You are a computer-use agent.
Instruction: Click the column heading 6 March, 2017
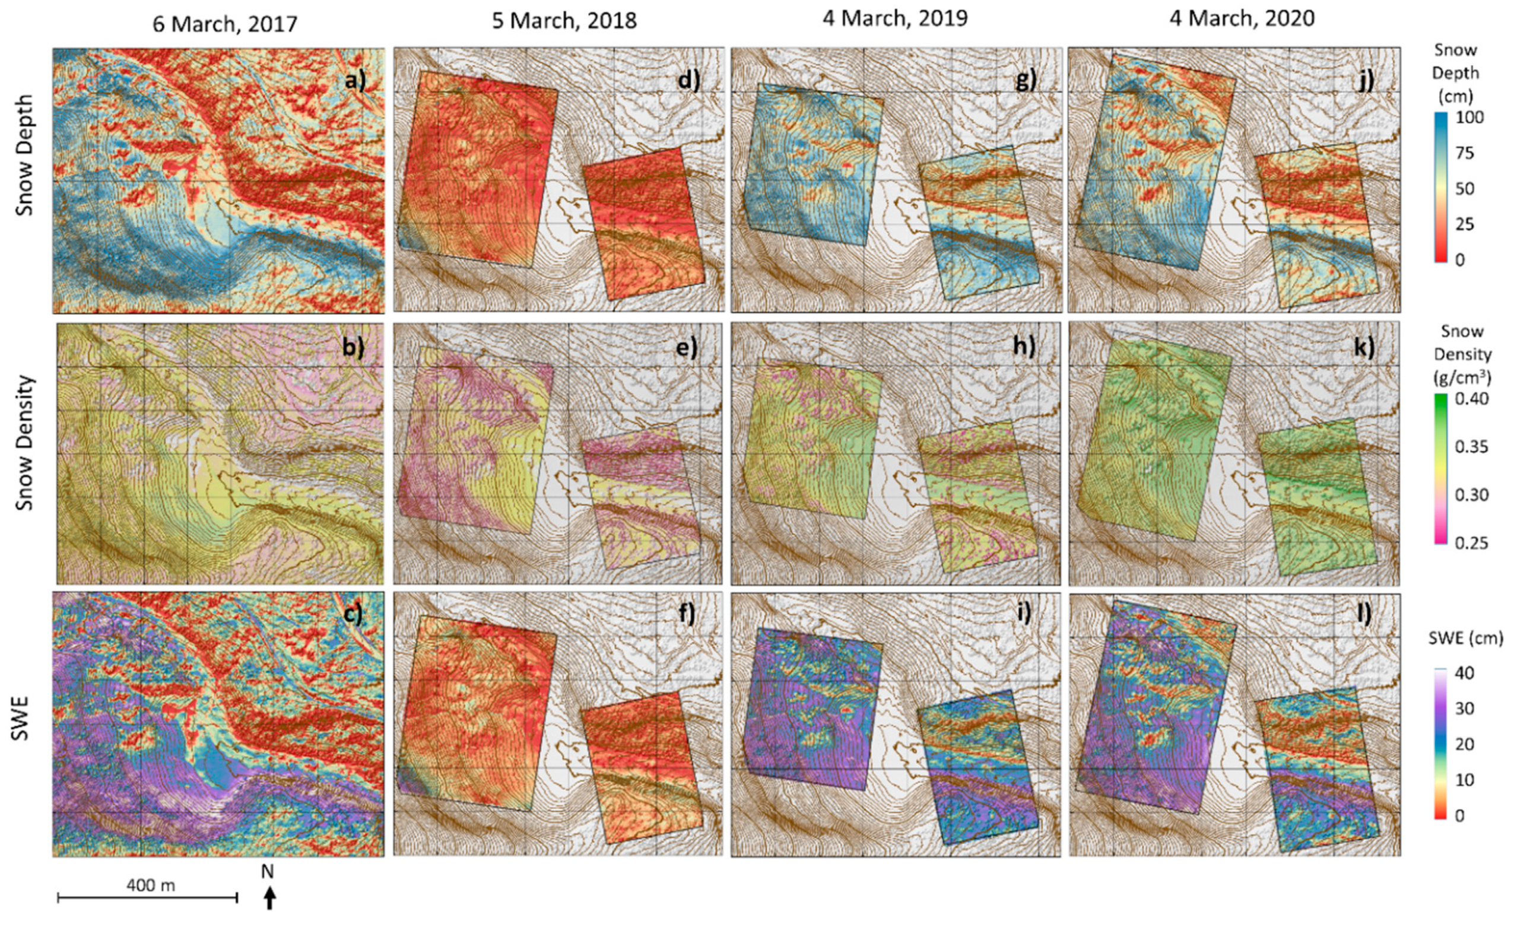click(224, 23)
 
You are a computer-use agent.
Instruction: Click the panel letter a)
click(354, 80)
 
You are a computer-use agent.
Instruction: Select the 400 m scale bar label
click(151, 885)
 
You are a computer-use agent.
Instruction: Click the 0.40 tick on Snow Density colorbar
click(1472, 399)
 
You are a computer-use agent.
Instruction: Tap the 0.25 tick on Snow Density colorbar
click(1472, 542)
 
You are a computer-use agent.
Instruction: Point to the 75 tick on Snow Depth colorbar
click(1465, 153)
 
